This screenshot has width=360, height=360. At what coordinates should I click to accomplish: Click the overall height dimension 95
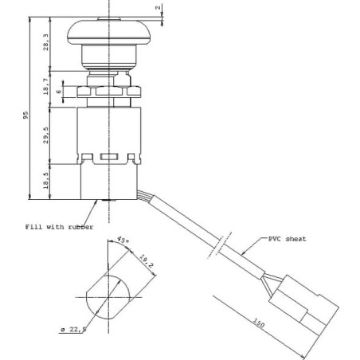click(x=25, y=115)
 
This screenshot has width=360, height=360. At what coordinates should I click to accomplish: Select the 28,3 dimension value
click(x=46, y=42)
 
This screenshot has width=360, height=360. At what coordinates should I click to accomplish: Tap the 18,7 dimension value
click(x=46, y=86)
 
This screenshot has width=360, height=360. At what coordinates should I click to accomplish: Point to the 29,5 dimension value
click(x=46, y=135)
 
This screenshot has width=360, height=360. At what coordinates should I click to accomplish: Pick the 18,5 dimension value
click(x=46, y=181)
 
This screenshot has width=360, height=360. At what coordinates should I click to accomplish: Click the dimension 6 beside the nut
click(x=59, y=92)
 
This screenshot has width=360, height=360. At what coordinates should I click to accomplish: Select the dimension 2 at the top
click(x=158, y=7)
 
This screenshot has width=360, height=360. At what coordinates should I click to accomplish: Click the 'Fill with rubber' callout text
click(x=59, y=227)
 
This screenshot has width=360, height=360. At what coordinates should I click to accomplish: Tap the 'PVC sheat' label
click(x=287, y=239)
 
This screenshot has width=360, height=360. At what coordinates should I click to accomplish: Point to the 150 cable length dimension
click(x=258, y=323)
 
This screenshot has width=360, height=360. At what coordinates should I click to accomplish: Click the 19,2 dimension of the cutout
click(x=147, y=261)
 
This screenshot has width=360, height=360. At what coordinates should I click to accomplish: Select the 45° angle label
click(x=123, y=241)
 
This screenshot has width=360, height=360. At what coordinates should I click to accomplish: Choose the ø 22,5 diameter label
click(x=73, y=330)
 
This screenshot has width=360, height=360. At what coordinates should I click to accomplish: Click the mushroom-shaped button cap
click(x=109, y=33)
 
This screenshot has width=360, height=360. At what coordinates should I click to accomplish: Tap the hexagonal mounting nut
click(x=109, y=92)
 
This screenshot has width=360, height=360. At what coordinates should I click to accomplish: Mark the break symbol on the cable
click(x=220, y=245)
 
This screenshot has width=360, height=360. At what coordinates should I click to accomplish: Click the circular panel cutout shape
click(x=108, y=297)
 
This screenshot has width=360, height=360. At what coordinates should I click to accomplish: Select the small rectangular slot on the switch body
click(x=108, y=157)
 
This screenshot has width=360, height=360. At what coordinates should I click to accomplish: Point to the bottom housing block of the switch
click(x=109, y=182)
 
